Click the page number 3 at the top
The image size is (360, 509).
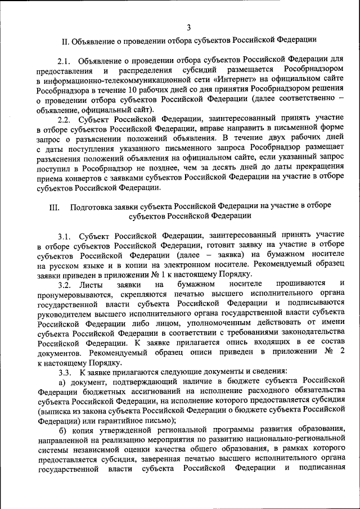click(188, 27)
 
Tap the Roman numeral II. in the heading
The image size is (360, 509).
click(65, 40)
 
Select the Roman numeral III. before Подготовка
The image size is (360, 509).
click(55, 206)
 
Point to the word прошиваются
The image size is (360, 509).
click(298, 283)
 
